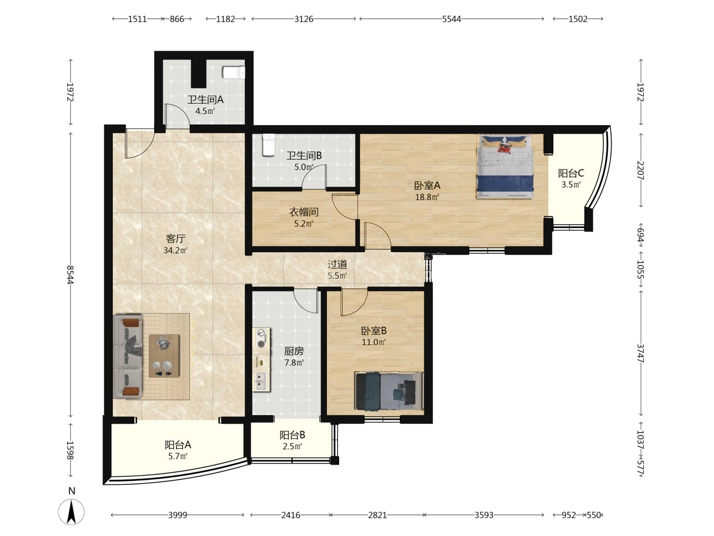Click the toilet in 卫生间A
pyautogui.click(x=234, y=72)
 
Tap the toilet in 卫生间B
pyautogui.click(x=269, y=145)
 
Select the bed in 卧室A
pyautogui.click(x=505, y=166)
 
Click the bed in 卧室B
pyautogui.click(x=389, y=391)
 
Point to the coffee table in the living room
pyautogui.click(x=164, y=356)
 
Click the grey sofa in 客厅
pyautogui.click(x=127, y=356)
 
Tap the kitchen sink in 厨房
pyautogui.click(x=261, y=381)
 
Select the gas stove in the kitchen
pyautogui.click(x=261, y=338)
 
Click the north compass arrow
pyautogui.click(x=71, y=512)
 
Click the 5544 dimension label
pyautogui.click(x=451, y=19)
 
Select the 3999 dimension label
pyautogui.click(x=177, y=515)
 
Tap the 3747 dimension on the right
pyautogui.click(x=640, y=353)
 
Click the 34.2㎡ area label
pyautogui.click(x=175, y=250)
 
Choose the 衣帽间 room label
pyautogui.click(x=304, y=212)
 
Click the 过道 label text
pyautogui.click(x=337, y=264)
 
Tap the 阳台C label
pyautogui.click(x=571, y=173)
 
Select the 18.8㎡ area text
pyautogui.click(x=427, y=197)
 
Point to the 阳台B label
pyautogui.click(x=292, y=435)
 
